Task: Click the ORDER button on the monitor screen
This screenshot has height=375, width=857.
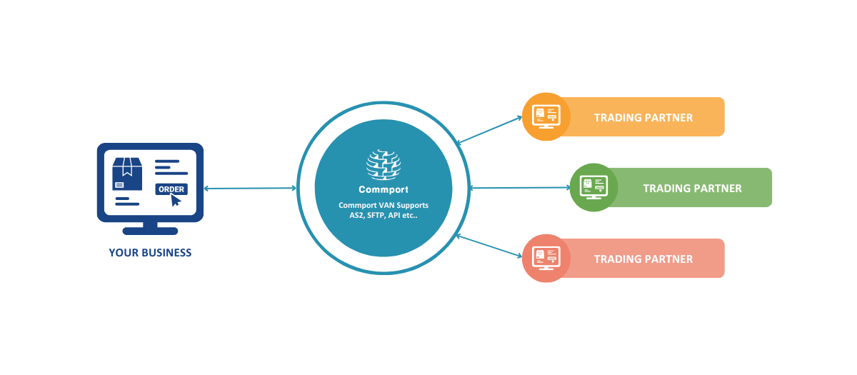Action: pos(171,189)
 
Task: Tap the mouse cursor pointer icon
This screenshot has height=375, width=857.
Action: pos(176,200)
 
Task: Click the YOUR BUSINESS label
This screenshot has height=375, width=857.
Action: pos(150,252)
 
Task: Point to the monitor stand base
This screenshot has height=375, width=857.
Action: pos(150,231)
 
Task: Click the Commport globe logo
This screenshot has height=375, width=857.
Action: pos(384,163)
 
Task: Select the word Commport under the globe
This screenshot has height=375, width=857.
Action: pos(384,190)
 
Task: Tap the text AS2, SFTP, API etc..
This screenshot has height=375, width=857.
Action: pos(384,215)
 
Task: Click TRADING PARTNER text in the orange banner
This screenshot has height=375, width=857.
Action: pos(643,117)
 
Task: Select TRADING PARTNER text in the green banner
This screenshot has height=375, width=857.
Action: pos(692,189)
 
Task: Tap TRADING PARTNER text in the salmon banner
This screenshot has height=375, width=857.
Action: pos(643,259)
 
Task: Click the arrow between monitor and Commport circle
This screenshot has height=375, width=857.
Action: pos(250,189)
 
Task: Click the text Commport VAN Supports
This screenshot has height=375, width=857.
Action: pos(384,206)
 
